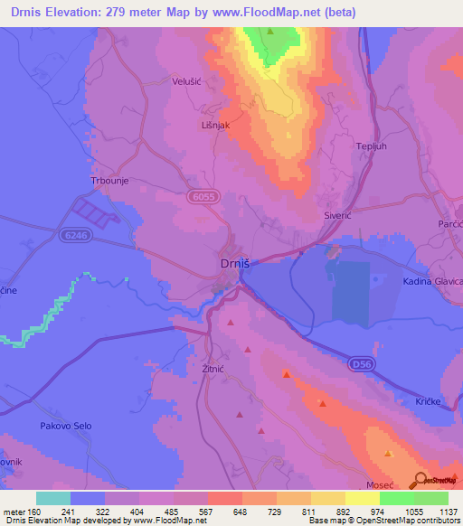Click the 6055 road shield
point(202,195)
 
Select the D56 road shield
point(361,363)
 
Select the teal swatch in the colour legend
point(53,498)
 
